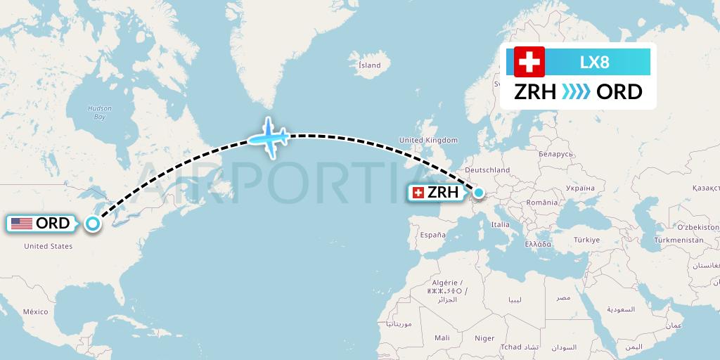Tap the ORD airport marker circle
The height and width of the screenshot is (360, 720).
click(x=92, y=224)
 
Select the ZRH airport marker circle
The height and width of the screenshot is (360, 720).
click(x=479, y=192)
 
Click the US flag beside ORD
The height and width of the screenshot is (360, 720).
click(x=21, y=224)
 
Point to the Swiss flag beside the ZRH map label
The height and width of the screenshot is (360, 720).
click(x=418, y=192)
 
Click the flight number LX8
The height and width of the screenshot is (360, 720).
click(x=594, y=62)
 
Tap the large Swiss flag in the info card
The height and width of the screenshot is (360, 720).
click(x=529, y=62)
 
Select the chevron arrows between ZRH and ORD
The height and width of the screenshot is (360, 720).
click(x=577, y=92)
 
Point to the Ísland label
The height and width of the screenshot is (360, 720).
click(x=369, y=65)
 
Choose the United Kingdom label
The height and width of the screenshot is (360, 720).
click(x=428, y=141)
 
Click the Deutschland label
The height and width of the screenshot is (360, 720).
click(x=487, y=170)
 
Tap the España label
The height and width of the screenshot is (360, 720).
click(x=433, y=235)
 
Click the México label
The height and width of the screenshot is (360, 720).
click(x=35, y=311)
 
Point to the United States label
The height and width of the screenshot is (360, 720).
click(x=49, y=246)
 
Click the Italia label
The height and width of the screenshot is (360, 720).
click(x=500, y=225)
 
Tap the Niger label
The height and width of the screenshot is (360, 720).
click(x=484, y=338)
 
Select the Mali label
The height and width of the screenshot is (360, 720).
click(x=442, y=338)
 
